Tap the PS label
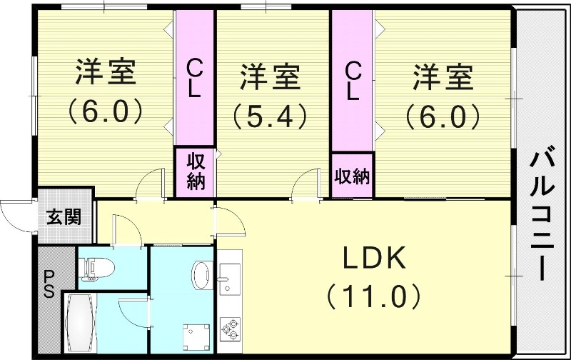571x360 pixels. click(x=49, y=284)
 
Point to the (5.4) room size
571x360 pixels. click(x=269, y=114)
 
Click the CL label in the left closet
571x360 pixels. click(x=194, y=79)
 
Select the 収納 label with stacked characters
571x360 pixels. click(x=195, y=171)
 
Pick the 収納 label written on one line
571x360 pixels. click(x=352, y=175)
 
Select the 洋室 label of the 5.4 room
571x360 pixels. click(x=269, y=77)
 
